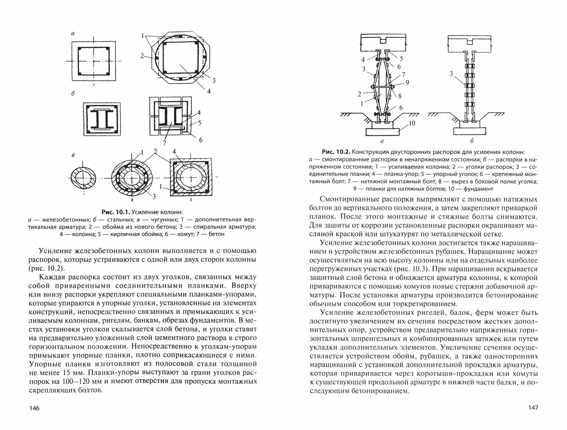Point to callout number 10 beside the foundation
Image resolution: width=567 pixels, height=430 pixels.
(x=412, y=123)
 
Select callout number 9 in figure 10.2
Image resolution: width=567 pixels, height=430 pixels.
(x=407, y=82)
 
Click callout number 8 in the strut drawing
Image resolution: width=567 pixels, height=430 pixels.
(x=400, y=96)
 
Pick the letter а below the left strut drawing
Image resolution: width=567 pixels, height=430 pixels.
(x=382, y=141)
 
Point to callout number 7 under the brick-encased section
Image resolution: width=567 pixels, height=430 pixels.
(x=164, y=142)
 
